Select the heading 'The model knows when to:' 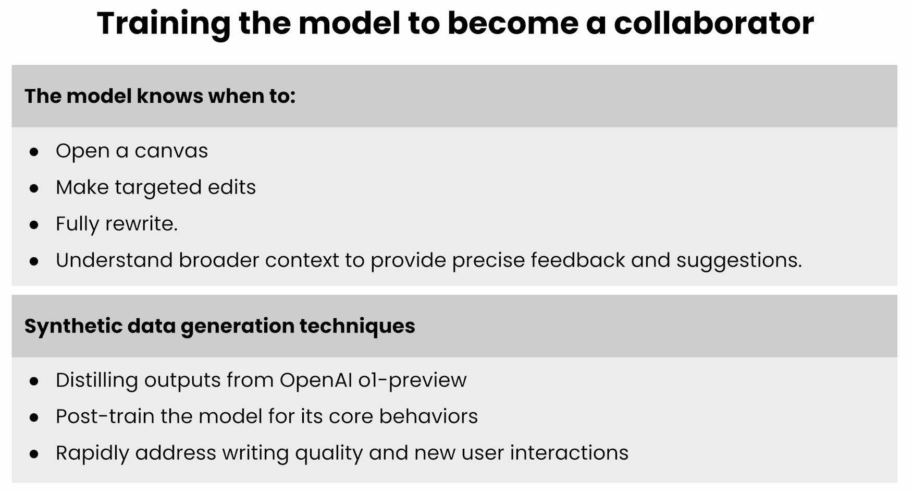pos(160,96)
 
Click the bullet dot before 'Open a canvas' pos(34,152)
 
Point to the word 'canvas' pos(171,151)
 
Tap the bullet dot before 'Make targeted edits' pos(34,188)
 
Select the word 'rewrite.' pos(141,224)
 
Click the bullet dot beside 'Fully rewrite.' pos(34,225)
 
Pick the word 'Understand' pos(114,260)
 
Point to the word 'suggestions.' pos(739,261)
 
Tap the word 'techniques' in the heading pos(357,326)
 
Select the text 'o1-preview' pos(412,380)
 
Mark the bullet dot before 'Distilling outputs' pos(34,381)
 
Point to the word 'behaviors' pos(428,416)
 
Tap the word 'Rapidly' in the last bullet pos(92,453)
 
